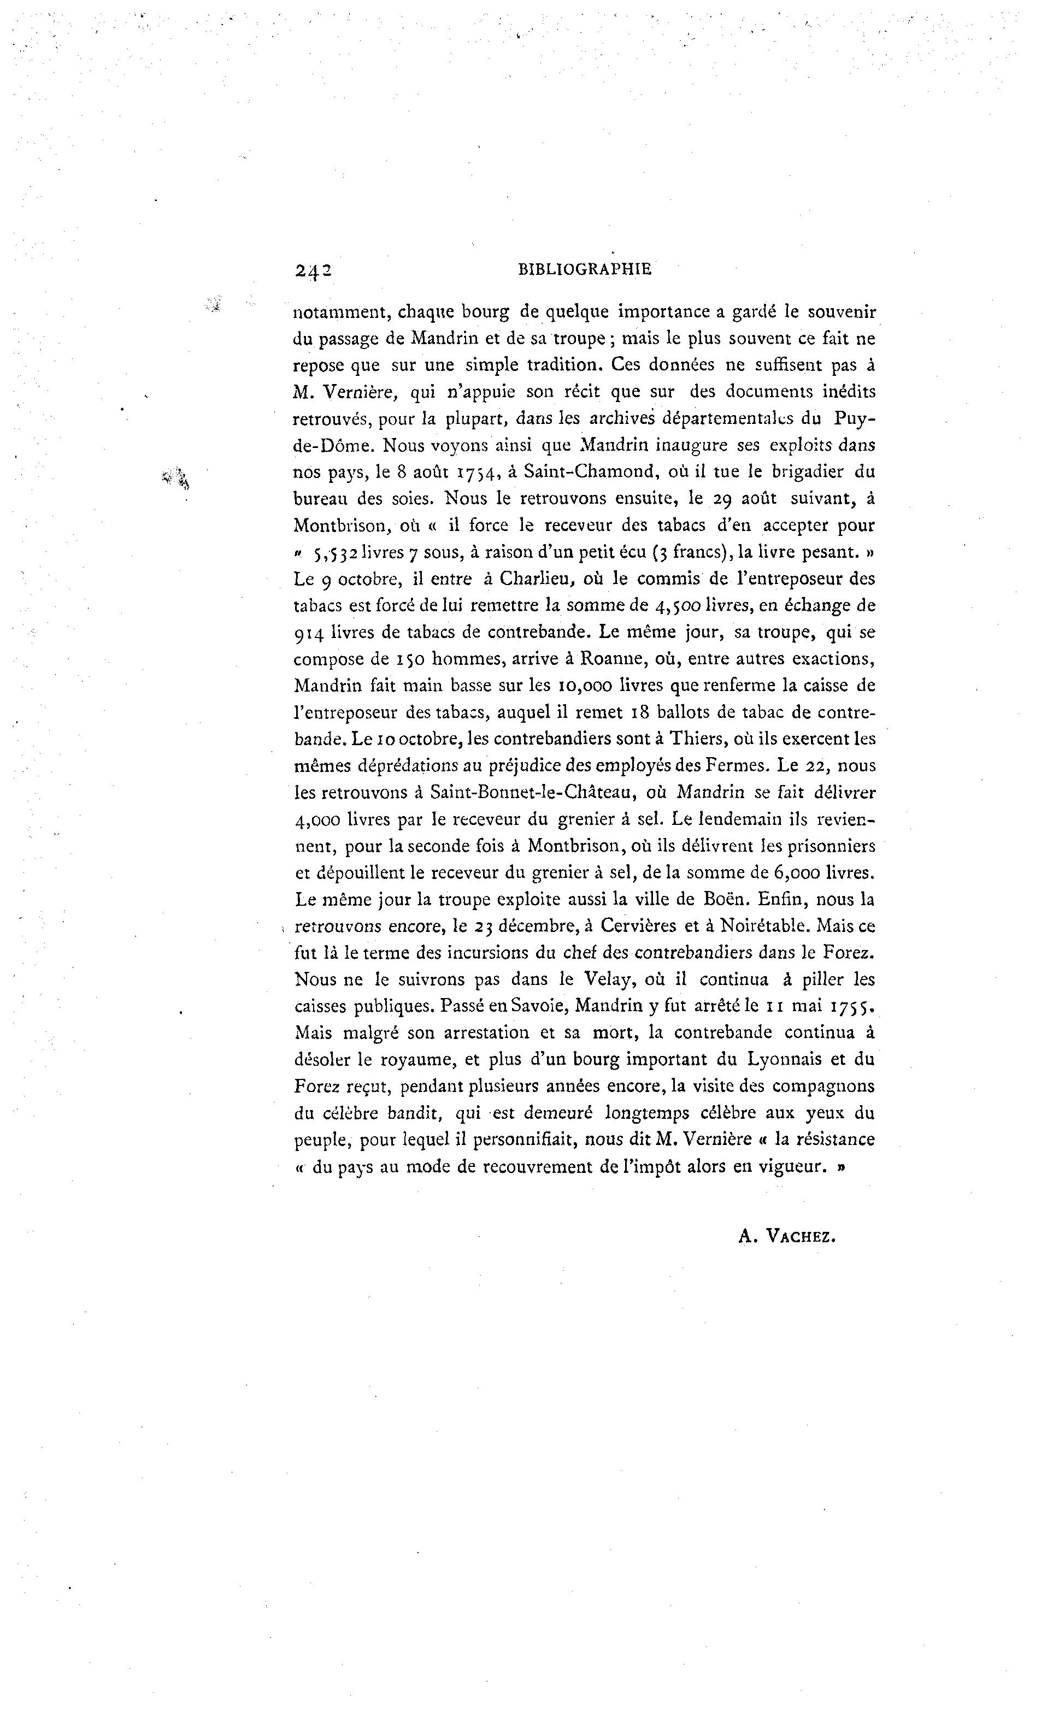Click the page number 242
tap(313, 271)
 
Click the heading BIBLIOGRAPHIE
tap(584, 269)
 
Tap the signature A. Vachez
tap(787, 1236)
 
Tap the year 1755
tap(852, 1006)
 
